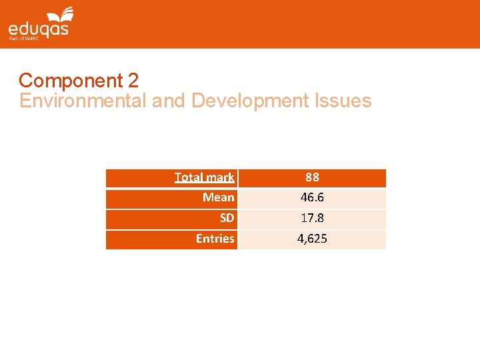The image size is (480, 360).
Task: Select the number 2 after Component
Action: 133,81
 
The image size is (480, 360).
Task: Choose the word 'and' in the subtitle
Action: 169,101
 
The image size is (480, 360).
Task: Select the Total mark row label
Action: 204,177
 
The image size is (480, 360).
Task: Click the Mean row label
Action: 219,197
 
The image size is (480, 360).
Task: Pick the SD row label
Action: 227,218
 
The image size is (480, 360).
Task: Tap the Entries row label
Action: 215,238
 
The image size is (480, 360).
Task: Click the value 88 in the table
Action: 312,177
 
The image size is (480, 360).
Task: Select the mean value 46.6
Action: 312,197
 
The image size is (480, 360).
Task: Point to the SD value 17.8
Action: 312,218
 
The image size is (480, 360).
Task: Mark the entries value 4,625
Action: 312,238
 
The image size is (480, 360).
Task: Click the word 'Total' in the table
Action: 189,177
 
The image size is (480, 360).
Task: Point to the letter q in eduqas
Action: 43,29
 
